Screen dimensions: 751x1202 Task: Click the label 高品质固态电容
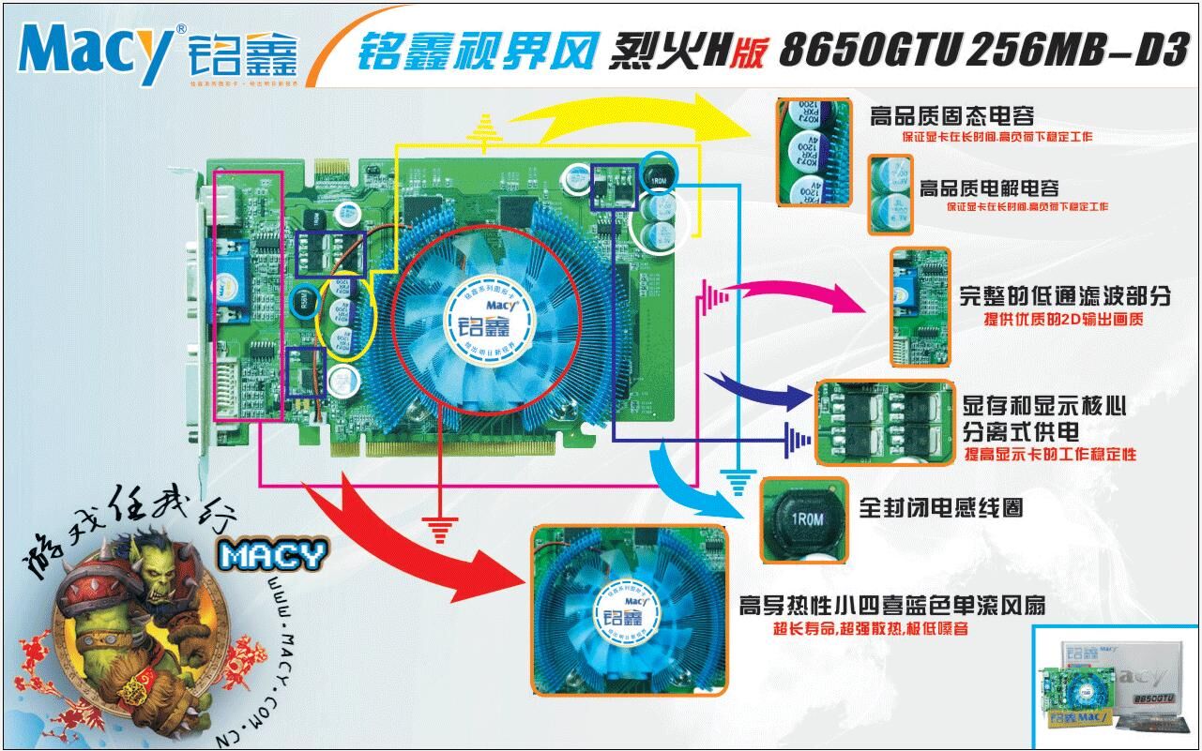(x=951, y=117)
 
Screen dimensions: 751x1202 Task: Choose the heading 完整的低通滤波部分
(x=1065, y=297)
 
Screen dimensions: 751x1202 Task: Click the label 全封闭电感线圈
(x=940, y=507)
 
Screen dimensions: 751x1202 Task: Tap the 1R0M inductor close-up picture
(x=803, y=519)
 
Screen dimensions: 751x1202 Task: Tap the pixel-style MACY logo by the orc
(x=272, y=555)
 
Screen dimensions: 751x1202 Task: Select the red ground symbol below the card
(x=438, y=530)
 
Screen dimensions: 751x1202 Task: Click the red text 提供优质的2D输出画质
(x=1063, y=321)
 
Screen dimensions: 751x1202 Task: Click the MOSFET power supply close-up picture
(x=884, y=422)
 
